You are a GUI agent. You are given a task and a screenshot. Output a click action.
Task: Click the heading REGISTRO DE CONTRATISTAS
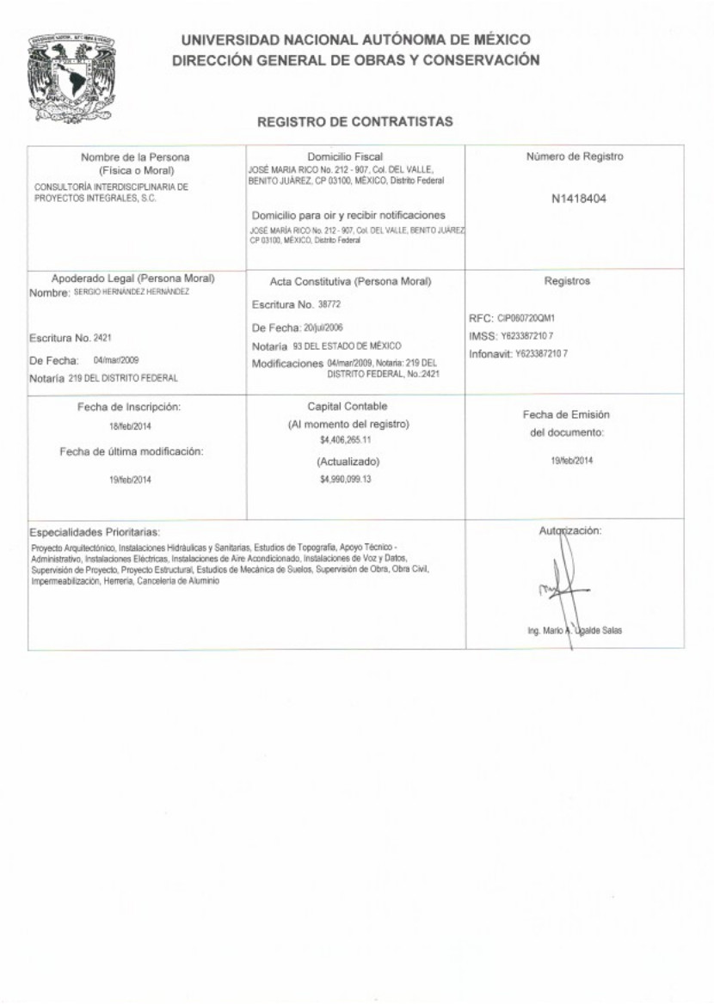coord(355,122)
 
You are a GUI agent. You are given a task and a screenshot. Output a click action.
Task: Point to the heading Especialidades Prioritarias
coord(95,532)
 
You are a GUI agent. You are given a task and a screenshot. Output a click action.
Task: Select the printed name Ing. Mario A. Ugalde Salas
coord(575,631)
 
